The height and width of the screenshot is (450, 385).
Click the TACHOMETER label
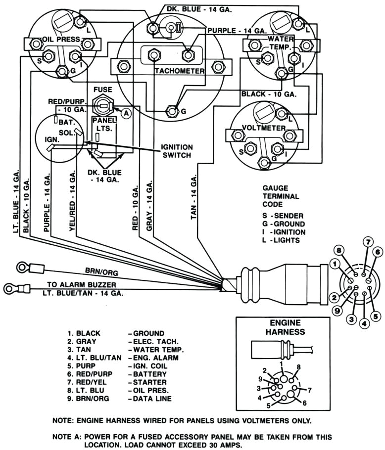click(x=179, y=71)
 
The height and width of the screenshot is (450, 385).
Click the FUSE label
click(x=103, y=90)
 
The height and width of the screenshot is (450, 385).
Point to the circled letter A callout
click(x=126, y=113)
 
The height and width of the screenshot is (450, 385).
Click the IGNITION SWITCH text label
click(x=177, y=151)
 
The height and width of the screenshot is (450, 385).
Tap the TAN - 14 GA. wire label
click(x=193, y=197)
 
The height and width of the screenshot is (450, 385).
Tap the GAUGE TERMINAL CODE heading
click(x=281, y=196)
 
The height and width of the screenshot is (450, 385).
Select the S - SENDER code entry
click(x=283, y=216)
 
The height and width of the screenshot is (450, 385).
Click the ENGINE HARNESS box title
click(x=284, y=327)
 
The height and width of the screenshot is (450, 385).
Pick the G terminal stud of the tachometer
click(x=172, y=110)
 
